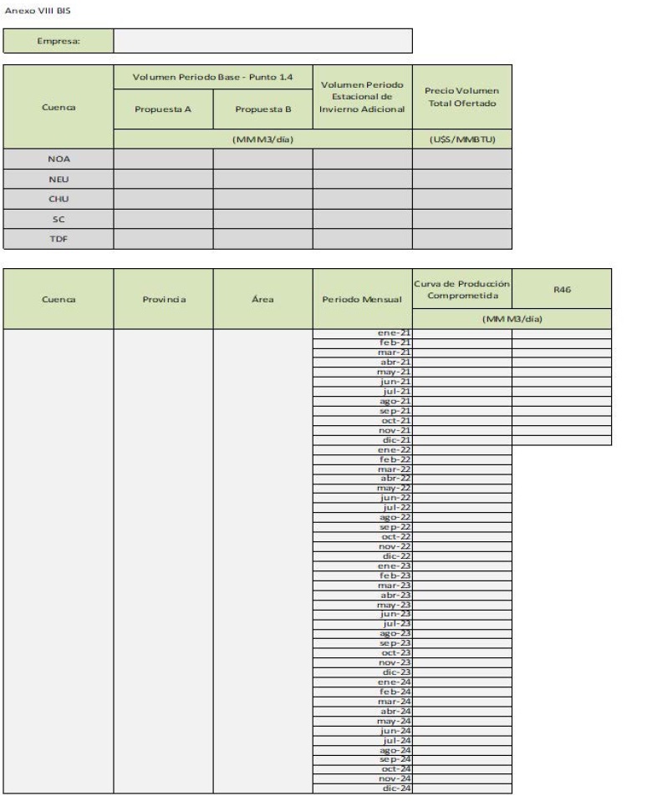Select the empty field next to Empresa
[262, 41]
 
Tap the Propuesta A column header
[163, 109]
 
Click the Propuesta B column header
[262, 109]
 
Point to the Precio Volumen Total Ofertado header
[461, 96]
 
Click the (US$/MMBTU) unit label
[461, 139]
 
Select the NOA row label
[58, 159]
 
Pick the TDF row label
[58, 238]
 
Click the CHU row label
[58, 199]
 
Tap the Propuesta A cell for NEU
[163, 179]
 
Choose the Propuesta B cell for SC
[262, 219]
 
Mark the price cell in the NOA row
[461, 159]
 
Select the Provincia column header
[163, 298]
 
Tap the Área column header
[262, 298]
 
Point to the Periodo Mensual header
[362, 298]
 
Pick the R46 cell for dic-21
[561, 439]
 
